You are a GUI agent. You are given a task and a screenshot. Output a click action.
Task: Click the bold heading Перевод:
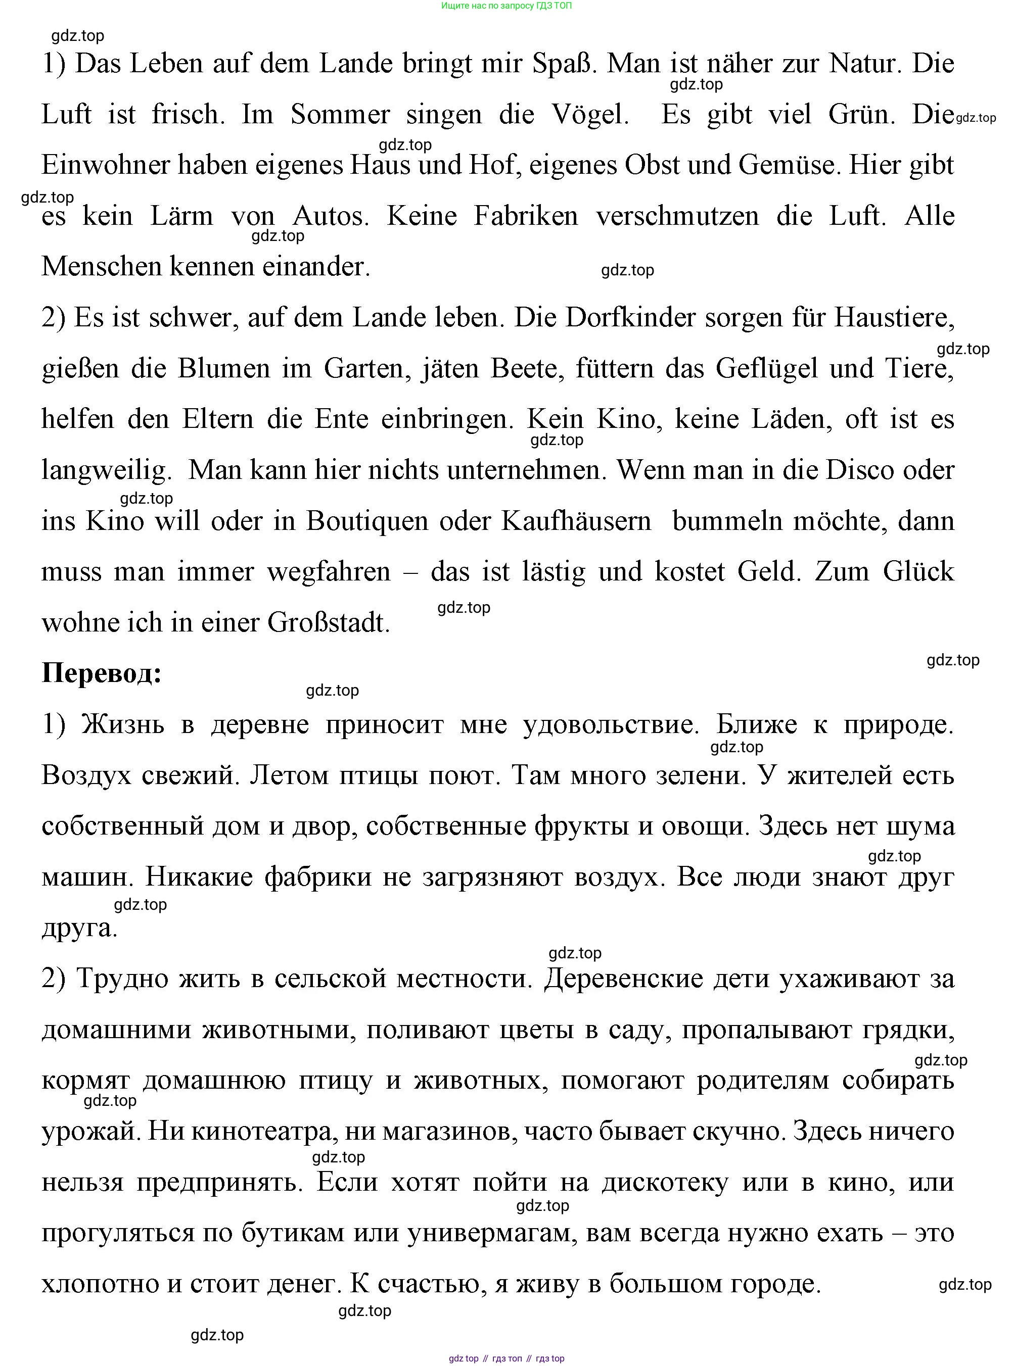point(101,673)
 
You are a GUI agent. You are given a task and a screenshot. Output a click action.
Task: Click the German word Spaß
point(563,64)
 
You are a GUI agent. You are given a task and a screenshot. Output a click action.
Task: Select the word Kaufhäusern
point(576,521)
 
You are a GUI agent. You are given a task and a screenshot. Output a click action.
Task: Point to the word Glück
point(918,572)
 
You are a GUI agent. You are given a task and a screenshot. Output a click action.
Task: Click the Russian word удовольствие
point(611,725)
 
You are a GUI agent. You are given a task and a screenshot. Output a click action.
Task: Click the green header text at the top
point(506,6)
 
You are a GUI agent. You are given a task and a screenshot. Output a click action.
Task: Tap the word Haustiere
point(894,318)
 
